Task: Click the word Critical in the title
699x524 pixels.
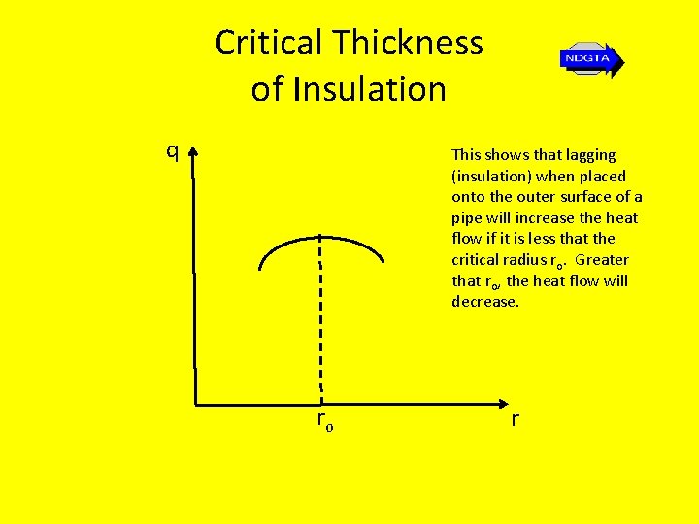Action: [x=269, y=44]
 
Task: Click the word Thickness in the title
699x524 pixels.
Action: [x=408, y=44]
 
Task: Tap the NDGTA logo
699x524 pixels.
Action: [x=590, y=60]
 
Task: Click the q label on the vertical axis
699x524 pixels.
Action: [x=172, y=151]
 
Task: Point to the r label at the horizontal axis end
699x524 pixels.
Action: [x=515, y=419]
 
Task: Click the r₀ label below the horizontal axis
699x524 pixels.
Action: [x=324, y=421]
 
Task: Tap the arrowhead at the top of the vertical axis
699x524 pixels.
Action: [x=194, y=153]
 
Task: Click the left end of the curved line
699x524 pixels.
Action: [x=261, y=268]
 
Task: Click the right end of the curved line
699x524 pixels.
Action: [x=383, y=261]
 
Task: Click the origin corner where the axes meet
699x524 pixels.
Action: [x=196, y=403]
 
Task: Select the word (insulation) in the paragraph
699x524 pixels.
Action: [x=490, y=176]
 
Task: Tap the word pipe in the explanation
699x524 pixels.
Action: [x=467, y=217]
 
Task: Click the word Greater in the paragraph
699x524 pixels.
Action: [x=602, y=260]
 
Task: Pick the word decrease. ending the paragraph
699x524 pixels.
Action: [x=485, y=302]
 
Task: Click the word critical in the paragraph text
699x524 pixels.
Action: [x=474, y=260]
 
